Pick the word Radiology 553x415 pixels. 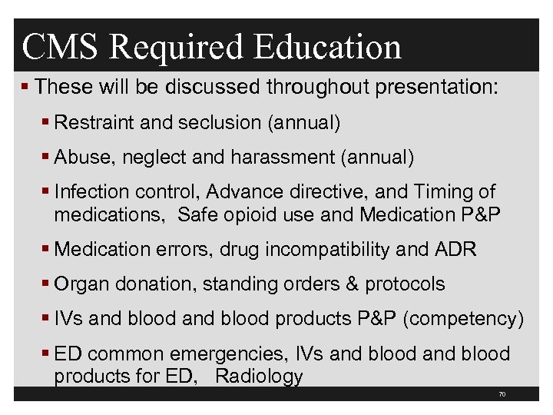point(260,376)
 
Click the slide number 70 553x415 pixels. point(502,394)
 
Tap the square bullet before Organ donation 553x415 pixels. point(47,284)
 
